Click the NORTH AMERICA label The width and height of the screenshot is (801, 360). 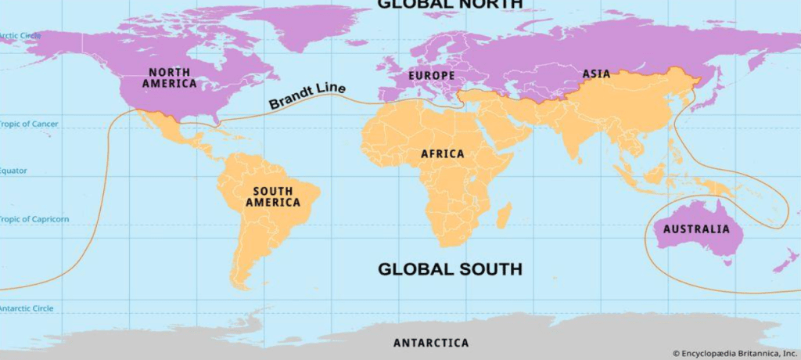[168, 77]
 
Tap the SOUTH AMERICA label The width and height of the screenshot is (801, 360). [272, 196]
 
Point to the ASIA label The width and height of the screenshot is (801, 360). [596, 74]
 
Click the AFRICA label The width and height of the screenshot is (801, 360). [442, 154]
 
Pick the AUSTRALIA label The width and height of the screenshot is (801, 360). [696, 229]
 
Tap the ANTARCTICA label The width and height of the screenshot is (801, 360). [431, 343]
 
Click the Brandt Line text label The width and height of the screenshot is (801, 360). [307, 96]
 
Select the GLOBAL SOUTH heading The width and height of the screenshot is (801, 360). [450, 269]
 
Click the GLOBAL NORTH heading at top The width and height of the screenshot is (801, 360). [450, 4]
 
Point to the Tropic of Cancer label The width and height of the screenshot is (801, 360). [28, 124]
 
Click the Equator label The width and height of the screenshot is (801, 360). [14, 170]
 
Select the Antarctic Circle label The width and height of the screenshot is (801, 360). [27, 308]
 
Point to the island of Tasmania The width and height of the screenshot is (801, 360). [727, 262]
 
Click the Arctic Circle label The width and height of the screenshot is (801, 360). [19, 35]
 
